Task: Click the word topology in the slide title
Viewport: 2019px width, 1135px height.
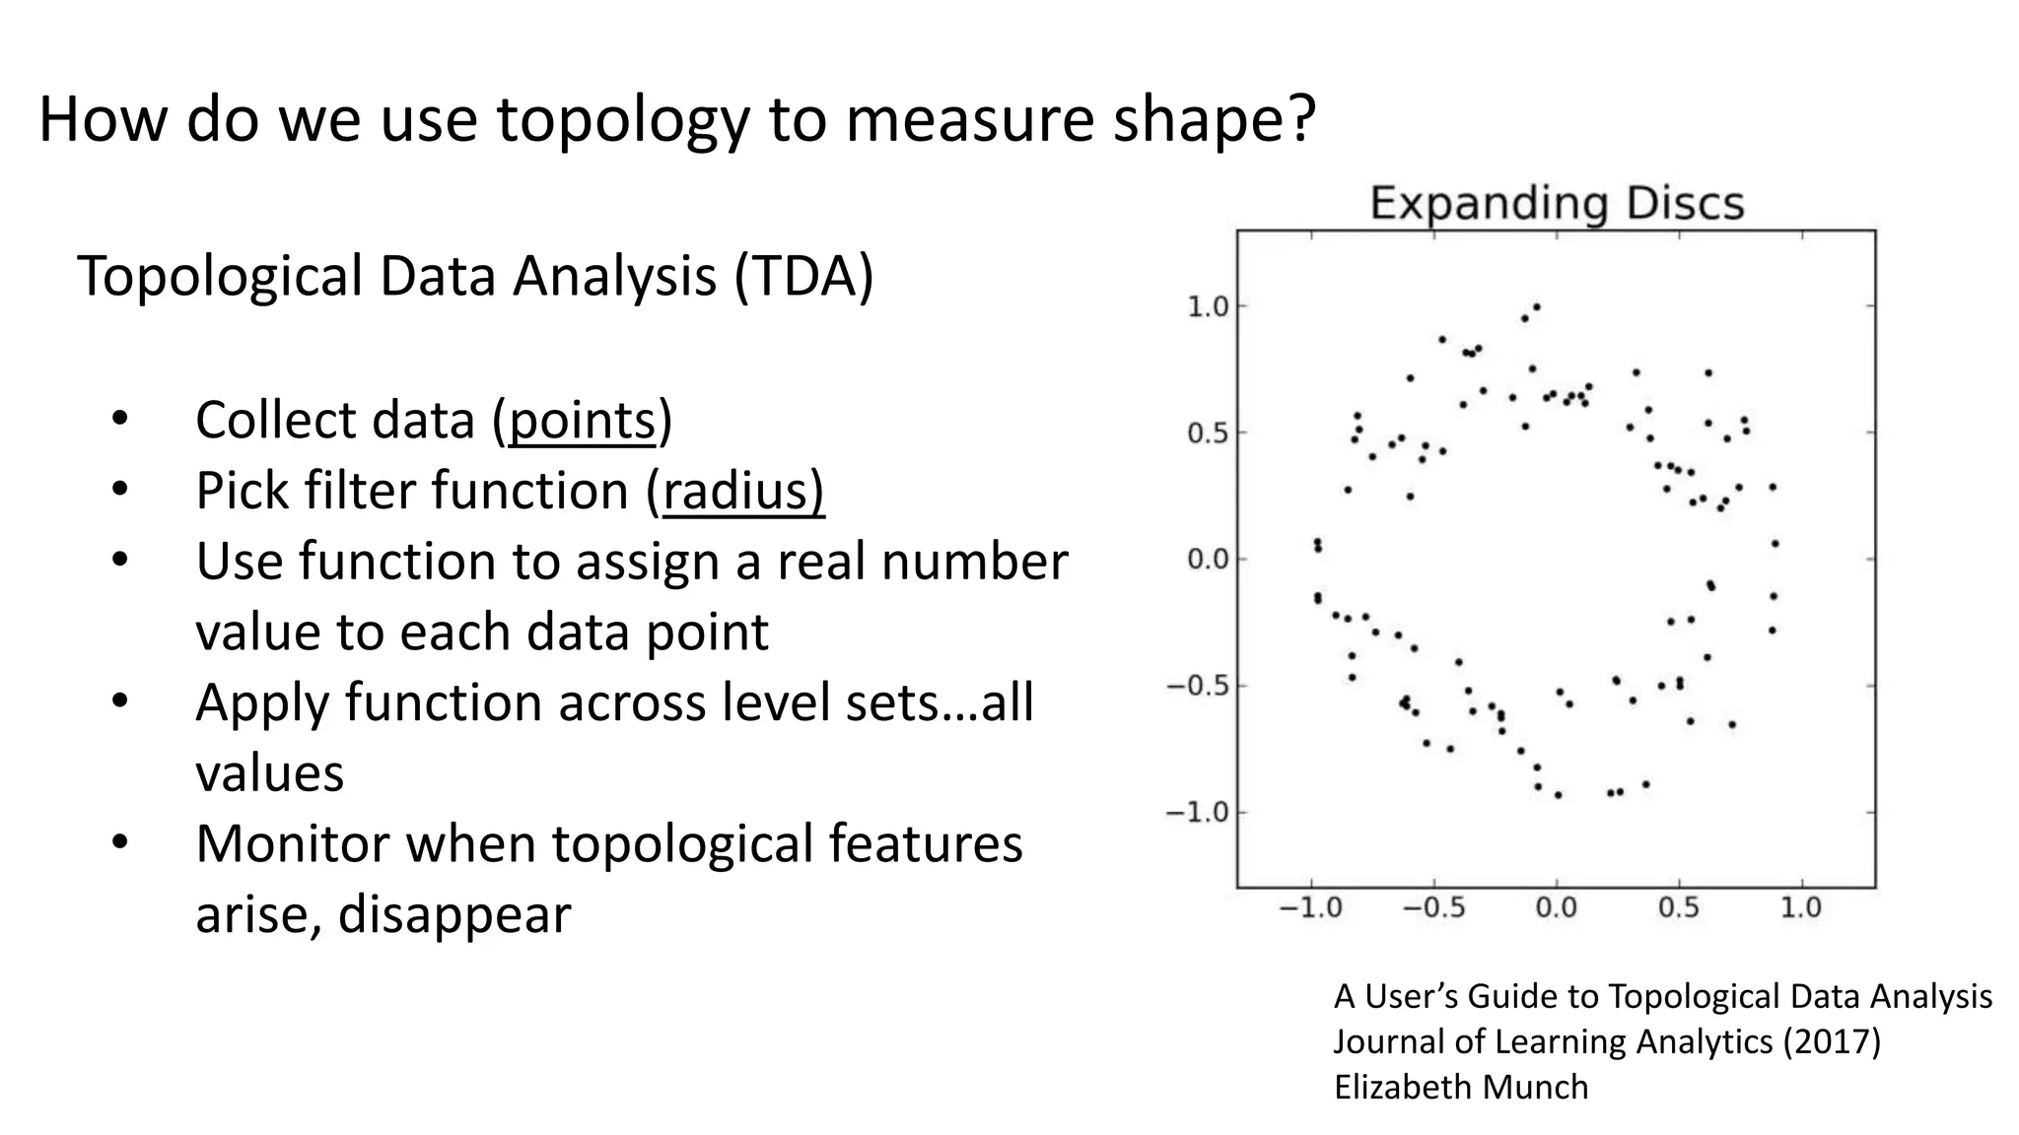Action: click(622, 120)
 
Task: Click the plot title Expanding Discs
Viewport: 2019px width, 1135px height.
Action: click(1557, 204)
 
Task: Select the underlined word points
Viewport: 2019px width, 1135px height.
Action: click(582, 421)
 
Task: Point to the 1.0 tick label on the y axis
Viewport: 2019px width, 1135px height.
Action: click(1208, 307)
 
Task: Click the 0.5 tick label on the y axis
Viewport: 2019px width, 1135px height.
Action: click(1208, 434)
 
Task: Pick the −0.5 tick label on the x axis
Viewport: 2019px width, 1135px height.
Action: click(1433, 907)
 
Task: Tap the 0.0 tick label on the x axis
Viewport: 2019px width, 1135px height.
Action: click(1557, 907)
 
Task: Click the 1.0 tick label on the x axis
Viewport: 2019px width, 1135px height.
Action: click(1800, 907)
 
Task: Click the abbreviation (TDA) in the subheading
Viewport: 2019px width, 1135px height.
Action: click(803, 276)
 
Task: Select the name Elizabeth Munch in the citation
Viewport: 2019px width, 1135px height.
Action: click(1461, 1087)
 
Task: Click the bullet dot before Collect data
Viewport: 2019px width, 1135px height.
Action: click(120, 419)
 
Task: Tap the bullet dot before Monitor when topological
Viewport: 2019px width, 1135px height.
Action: click(120, 842)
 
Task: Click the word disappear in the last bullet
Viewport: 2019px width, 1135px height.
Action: click(454, 914)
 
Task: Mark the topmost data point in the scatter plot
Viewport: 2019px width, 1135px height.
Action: click(1536, 307)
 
